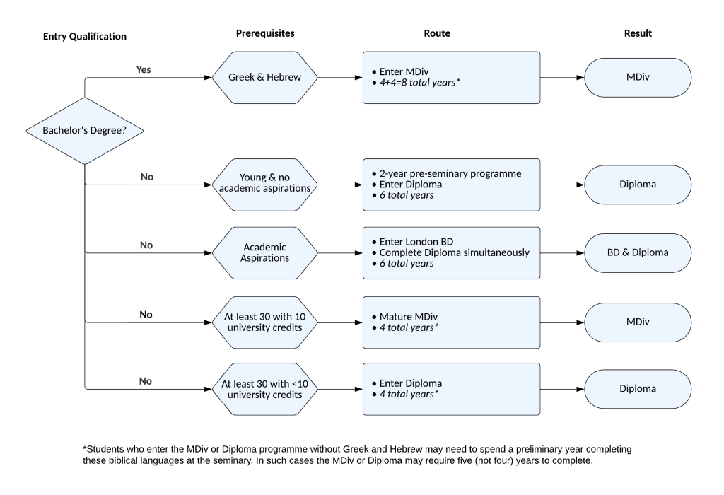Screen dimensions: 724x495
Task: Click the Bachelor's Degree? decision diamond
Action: coord(85,131)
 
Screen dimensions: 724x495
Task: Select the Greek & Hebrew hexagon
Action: coord(264,78)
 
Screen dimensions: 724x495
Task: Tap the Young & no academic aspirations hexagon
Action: coord(264,185)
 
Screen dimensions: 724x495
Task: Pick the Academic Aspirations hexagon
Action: coord(264,253)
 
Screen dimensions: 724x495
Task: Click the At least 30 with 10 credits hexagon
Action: coord(264,322)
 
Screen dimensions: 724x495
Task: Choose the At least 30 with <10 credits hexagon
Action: coord(264,389)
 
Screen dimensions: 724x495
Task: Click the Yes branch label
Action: coord(143,69)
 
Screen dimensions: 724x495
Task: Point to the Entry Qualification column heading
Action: coord(85,37)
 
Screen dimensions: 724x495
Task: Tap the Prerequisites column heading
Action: coord(265,33)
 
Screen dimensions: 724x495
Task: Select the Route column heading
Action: coord(437,33)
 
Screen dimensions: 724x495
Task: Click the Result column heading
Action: coord(638,33)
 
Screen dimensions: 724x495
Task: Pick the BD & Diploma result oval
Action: coord(638,253)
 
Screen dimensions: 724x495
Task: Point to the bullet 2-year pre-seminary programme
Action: coord(450,174)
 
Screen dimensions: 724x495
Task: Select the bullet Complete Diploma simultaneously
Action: coord(455,252)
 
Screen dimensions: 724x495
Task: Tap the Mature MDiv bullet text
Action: coord(408,317)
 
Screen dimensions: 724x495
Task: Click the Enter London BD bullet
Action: coord(416,242)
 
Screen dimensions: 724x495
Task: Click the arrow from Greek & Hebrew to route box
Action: coord(340,78)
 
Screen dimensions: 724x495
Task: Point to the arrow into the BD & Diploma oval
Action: coord(562,253)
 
